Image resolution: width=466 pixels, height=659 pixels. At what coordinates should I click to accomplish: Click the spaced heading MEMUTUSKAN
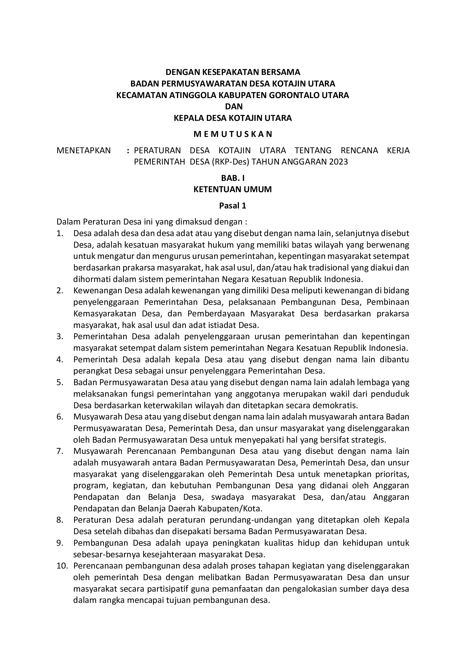pyautogui.click(x=233, y=134)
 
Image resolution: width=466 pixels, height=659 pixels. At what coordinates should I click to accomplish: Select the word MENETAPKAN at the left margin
pyautogui.click(x=83, y=150)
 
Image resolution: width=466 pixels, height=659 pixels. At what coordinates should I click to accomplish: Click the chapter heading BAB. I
pyautogui.click(x=233, y=178)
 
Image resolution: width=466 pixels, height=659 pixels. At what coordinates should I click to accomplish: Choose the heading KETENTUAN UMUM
pyautogui.click(x=233, y=189)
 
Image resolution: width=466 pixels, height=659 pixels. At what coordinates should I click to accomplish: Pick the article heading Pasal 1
pyautogui.click(x=233, y=205)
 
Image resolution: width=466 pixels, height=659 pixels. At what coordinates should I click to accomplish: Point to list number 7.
pyautogui.click(x=60, y=451)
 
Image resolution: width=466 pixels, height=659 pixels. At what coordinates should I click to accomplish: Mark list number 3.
pyautogui.click(x=60, y=336)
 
